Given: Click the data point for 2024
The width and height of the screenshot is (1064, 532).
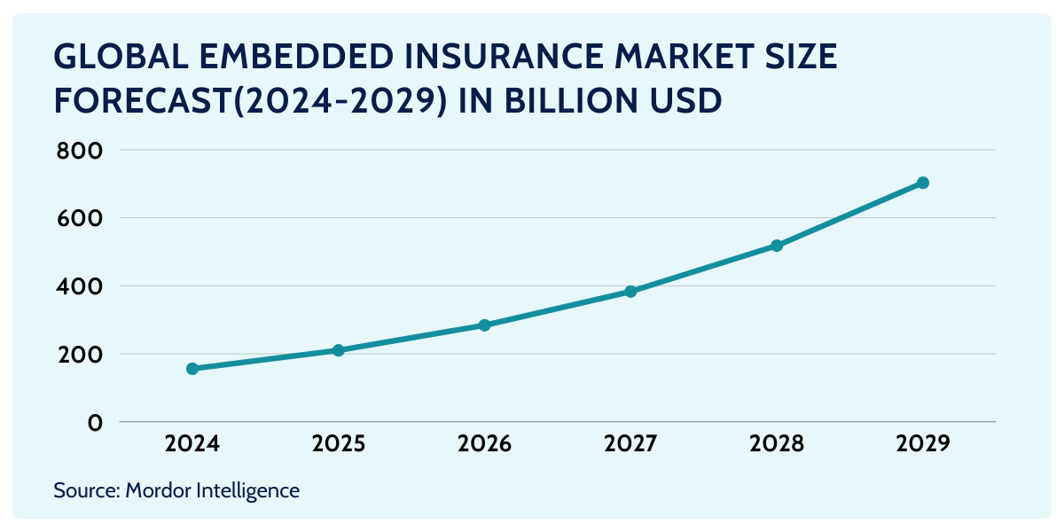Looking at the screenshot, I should click(192, 368).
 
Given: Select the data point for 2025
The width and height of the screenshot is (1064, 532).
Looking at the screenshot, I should click(338, 350).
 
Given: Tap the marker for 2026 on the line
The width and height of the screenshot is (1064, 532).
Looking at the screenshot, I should click(484, 325).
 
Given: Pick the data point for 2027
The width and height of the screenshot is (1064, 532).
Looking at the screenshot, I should click(630, 291).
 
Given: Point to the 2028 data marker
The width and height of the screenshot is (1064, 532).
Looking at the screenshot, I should click(777, 246).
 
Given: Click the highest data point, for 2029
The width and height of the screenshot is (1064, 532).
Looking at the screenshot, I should click(922, 183).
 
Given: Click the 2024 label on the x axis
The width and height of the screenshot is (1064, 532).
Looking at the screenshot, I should click(192, 443).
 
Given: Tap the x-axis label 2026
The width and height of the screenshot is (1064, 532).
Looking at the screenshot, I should click(484, 443).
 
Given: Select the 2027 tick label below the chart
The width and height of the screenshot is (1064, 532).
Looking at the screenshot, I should click(630, 443).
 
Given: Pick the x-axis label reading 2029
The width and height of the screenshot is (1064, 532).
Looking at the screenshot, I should click(922, 443).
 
